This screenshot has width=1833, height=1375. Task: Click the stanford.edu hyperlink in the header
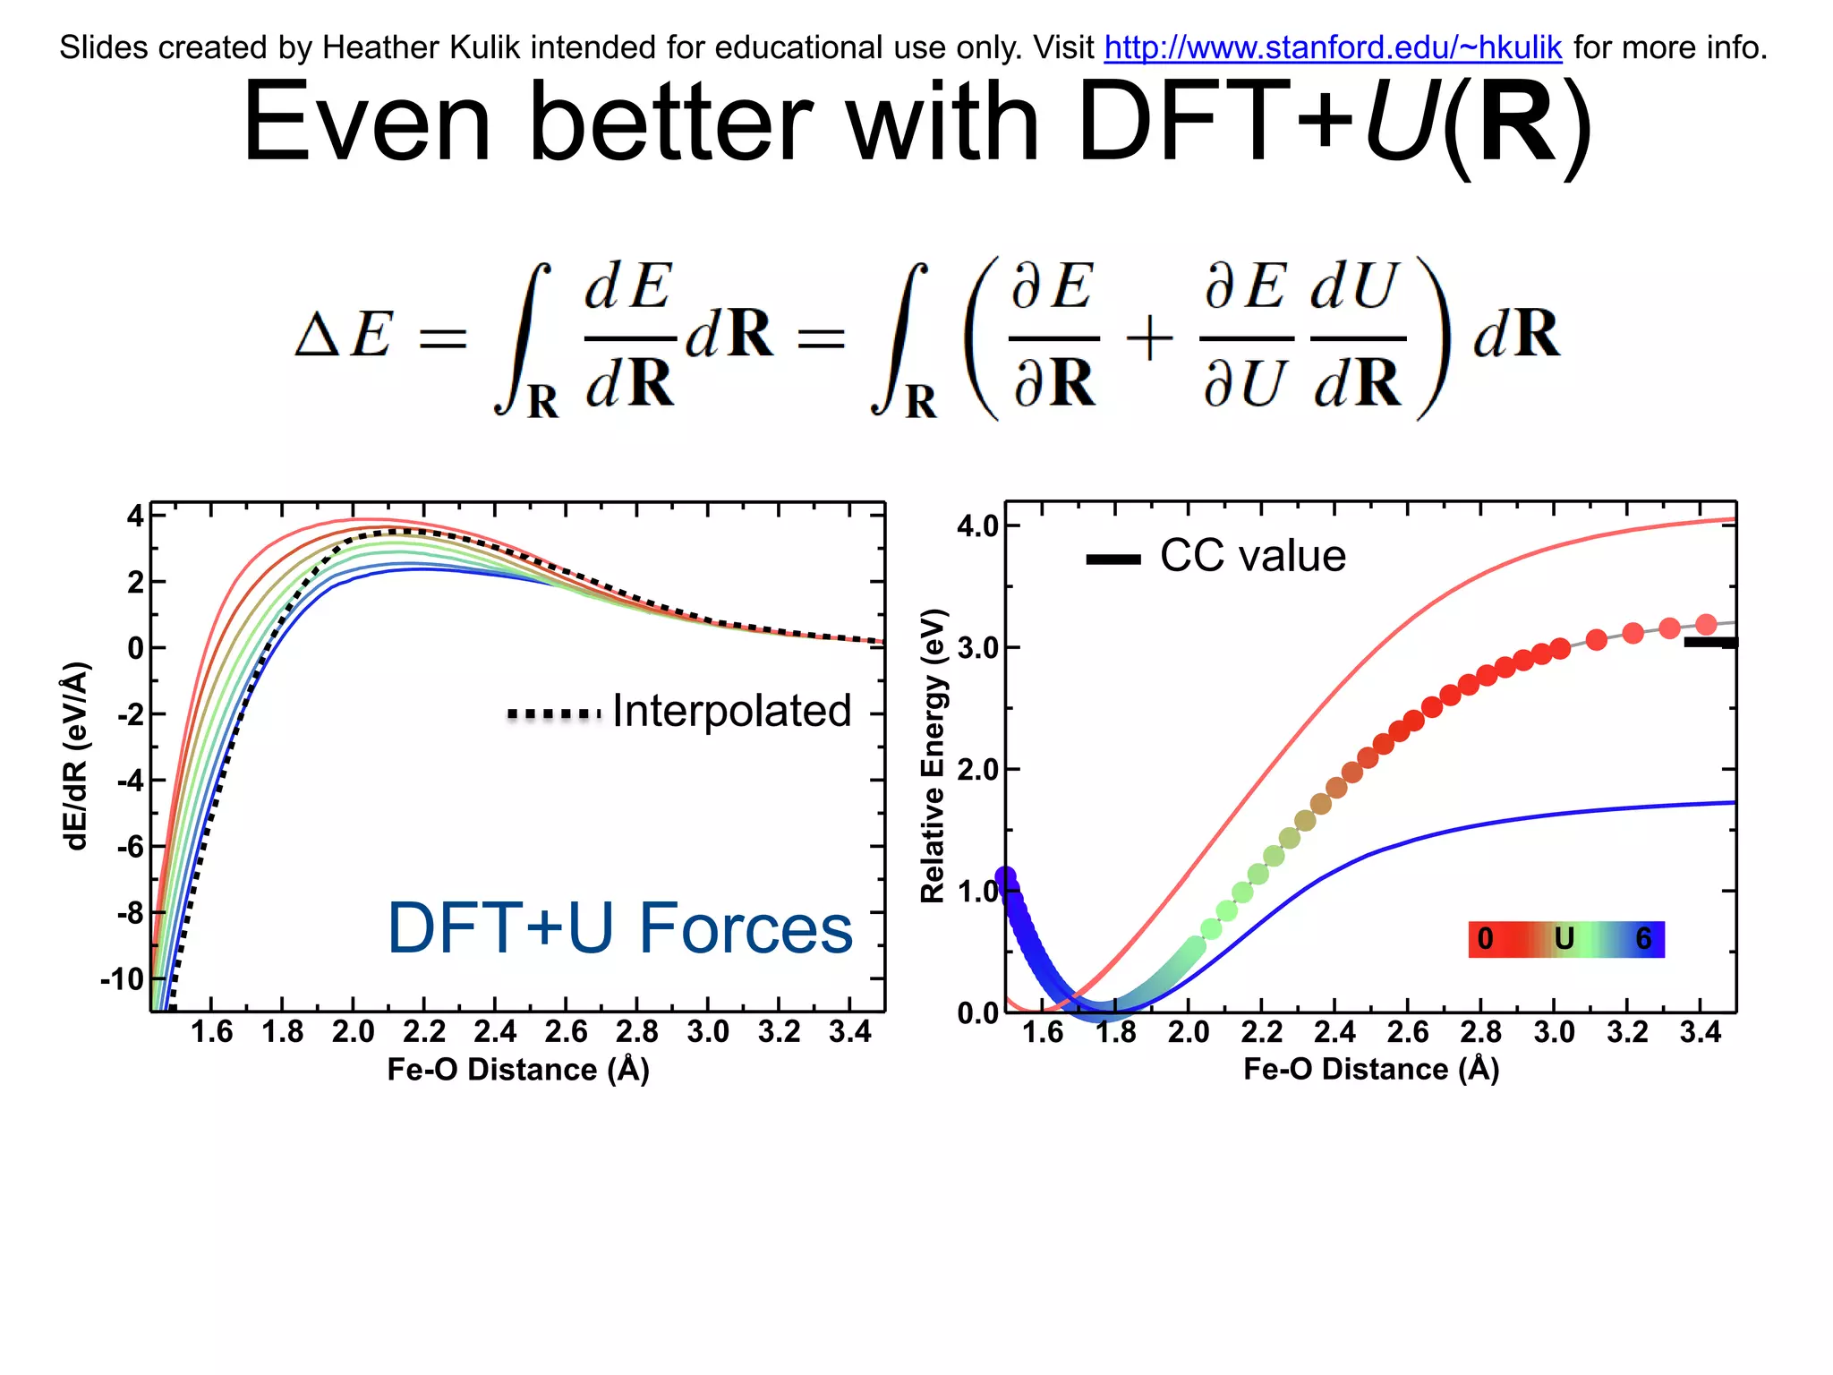1333,47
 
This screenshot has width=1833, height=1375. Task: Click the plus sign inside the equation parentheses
1149,339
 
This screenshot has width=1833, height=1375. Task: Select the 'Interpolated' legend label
731,712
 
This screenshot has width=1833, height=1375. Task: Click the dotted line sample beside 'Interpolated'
554,714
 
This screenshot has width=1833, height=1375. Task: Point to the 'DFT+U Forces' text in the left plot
619,928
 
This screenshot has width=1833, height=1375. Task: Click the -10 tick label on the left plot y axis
123,978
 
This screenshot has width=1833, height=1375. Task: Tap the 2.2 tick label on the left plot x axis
423,1032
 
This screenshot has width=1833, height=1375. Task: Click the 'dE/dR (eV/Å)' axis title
77,756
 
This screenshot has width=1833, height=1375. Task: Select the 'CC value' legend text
1252,556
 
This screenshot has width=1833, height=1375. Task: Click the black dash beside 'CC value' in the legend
1113,559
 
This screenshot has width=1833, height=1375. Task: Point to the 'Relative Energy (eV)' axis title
933,755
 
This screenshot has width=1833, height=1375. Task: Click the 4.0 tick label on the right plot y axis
977,525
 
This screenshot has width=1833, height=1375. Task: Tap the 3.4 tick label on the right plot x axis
1700,1032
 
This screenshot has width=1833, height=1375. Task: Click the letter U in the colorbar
1564,939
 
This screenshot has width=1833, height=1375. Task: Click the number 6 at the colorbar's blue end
1643,939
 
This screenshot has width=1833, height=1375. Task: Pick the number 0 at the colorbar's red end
1485,939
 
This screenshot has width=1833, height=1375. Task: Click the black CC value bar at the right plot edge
1709,642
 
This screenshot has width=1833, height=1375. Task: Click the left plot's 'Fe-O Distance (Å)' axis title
517,1070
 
